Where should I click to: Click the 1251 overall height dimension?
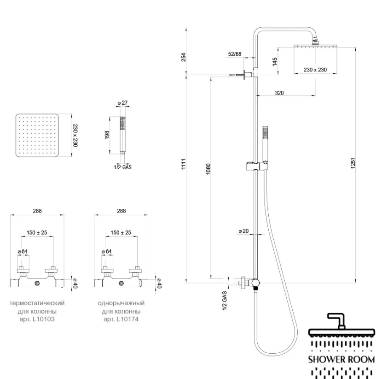click(x=353, y=163)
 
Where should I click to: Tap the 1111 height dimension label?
click(x=184, y=164)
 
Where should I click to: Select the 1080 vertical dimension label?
click(x=208, y=169)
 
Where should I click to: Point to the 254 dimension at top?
click(x=184, y=57)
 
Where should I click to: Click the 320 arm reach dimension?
click(x=279, y=93)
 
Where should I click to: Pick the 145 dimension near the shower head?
click(x=275, y=62)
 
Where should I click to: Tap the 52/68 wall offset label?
click(x=235, y=54)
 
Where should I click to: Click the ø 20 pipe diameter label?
click(x=243, y=231)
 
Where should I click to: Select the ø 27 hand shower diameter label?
click(x=122, y=103)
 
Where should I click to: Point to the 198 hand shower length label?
click(x=107, y=135)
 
